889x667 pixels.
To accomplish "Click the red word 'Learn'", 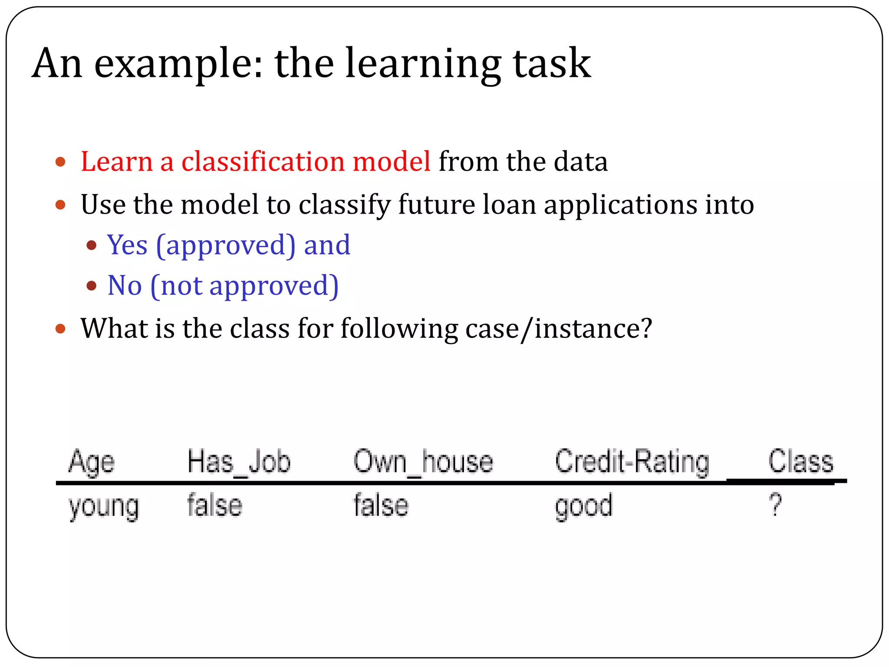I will (116, 162).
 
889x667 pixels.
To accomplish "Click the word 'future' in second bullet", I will (436, 205).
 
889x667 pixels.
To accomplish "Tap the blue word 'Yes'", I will (127, 245).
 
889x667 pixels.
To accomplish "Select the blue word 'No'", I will (125, 286).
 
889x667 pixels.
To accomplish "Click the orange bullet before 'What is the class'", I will (60, 329).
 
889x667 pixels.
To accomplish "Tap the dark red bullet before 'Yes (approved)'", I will (91, 245).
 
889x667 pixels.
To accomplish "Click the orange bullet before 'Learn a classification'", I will (60, 162).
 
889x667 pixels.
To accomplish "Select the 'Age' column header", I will (92, 462).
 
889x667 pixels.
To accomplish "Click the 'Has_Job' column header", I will (239, 461).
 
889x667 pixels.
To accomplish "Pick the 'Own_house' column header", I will (423, 461).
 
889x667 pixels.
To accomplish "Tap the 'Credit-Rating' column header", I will (632, 462).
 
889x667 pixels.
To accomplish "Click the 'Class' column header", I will (801, 461).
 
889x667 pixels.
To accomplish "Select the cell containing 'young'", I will (104, 506).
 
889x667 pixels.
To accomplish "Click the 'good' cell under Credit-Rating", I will (583, 506).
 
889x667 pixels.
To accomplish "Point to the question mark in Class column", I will (775, 505).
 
